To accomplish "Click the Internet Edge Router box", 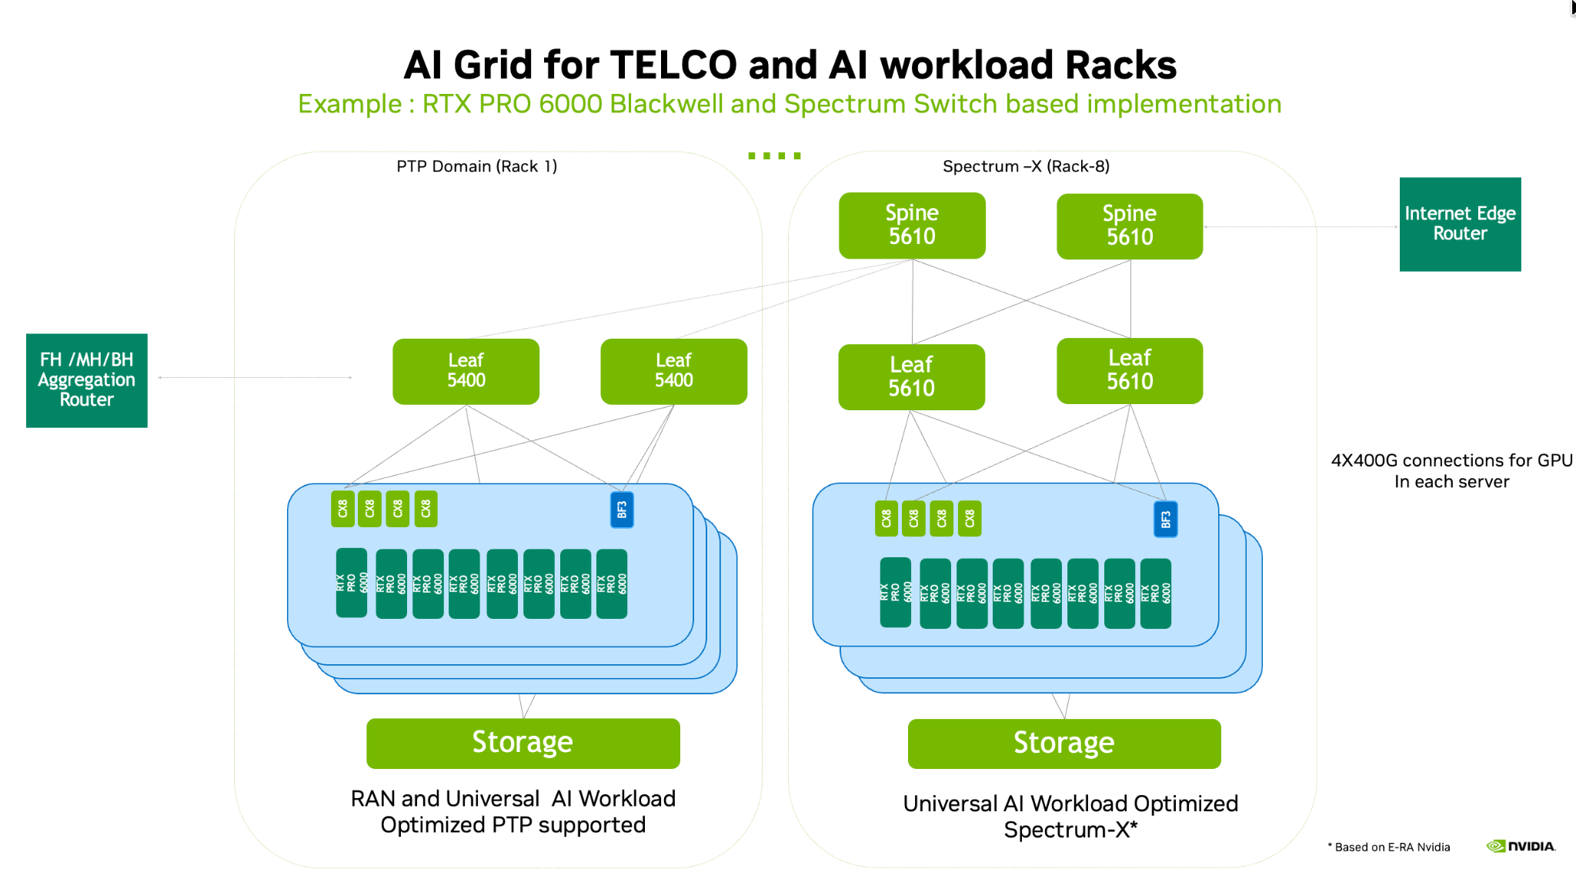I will [1460, 224].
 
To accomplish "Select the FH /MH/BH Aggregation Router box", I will [87, 380].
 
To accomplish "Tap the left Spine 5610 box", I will [912, 226].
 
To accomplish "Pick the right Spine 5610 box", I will [1129, 226].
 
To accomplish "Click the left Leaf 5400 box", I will [466, 371].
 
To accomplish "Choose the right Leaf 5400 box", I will [673, 371].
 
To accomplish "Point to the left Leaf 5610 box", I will [911, 376].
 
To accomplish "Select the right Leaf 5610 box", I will [1129, 370].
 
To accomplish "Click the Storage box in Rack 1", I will [523, 743].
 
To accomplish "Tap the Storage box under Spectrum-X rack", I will [1063, 744].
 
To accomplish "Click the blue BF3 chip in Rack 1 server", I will [622, 510].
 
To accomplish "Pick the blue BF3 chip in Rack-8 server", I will [1165, 520].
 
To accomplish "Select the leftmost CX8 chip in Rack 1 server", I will [342, 509].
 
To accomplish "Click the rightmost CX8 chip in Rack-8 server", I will [970, 518].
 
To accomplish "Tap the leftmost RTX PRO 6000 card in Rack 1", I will [352, 583].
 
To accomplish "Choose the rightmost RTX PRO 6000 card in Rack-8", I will [1155, 593].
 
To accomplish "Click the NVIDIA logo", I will [1521, 846].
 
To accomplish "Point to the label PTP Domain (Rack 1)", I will [476, 166].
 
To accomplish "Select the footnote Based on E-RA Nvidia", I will [1391, 847].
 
